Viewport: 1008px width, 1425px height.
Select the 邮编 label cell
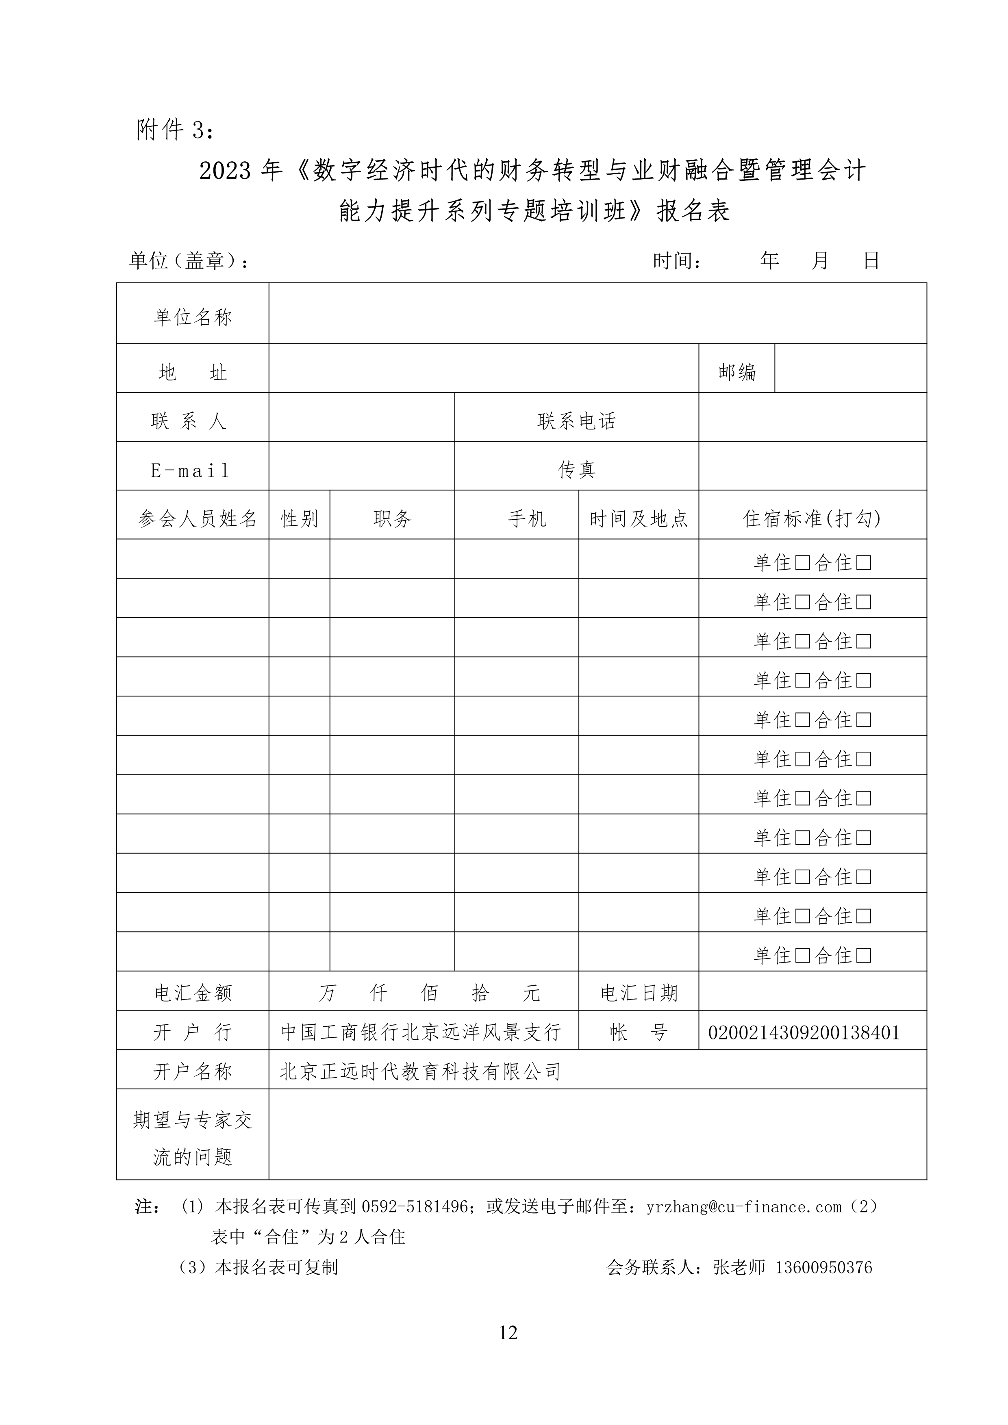point(737,372)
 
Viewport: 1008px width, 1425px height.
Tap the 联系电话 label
point(577,421)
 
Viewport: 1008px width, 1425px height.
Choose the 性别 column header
point(299,519)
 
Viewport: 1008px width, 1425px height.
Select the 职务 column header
point(392,519)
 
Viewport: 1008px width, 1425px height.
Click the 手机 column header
point(527,519)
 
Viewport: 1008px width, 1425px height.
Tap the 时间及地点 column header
point(639,519)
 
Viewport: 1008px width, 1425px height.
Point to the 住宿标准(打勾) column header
point(812,519)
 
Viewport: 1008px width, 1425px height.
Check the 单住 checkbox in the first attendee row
point(803,563)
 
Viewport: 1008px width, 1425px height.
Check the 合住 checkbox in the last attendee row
point(863,955)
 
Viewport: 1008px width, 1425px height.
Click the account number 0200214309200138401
point(804,1033)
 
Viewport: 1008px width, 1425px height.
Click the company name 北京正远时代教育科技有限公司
point(421,1071)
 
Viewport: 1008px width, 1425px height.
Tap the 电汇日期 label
point(639,993)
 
